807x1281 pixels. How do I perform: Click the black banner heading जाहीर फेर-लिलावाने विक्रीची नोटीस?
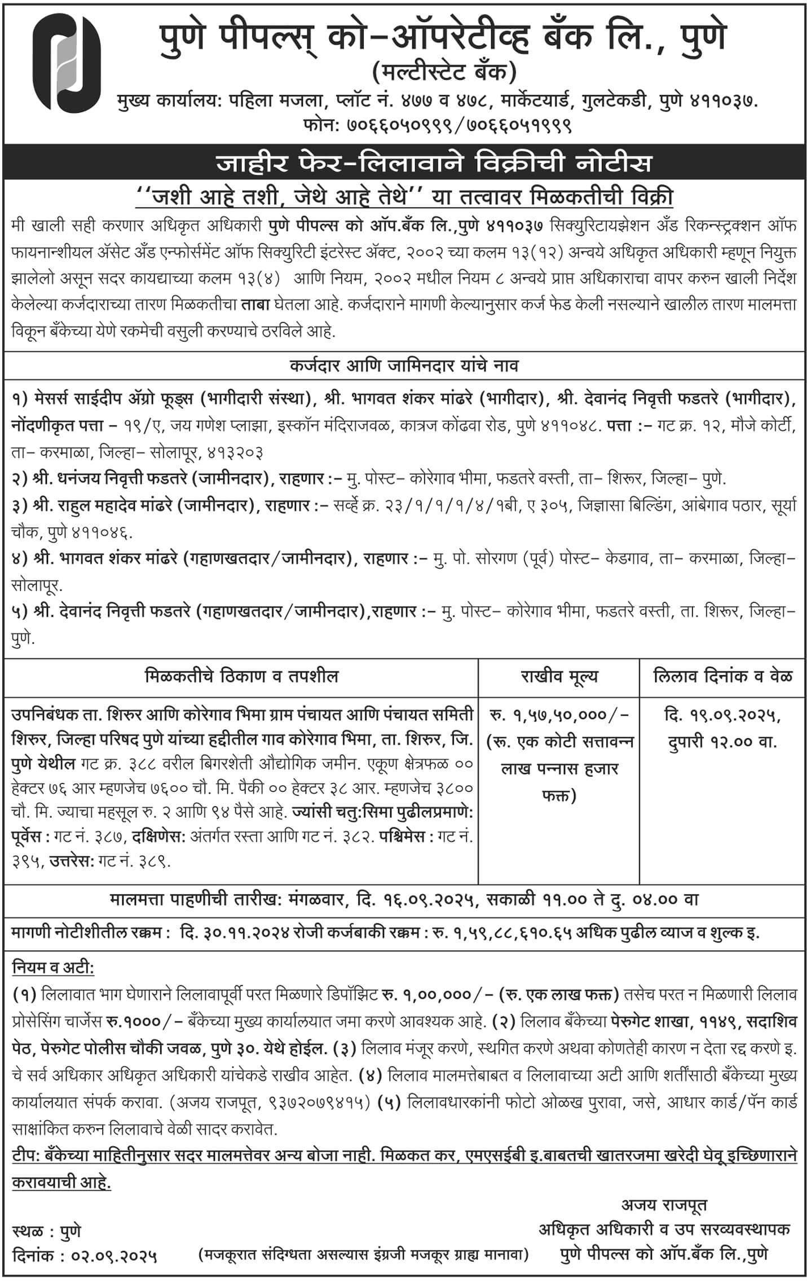[404, 164]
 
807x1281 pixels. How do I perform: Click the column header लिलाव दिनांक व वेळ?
[722, 676]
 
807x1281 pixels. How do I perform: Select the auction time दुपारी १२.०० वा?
[722, 741]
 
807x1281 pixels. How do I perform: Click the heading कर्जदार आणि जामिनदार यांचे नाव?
[404, 366]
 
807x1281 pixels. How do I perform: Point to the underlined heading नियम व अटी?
[54, 968]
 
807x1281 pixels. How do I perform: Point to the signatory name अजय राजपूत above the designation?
[664, 1205]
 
